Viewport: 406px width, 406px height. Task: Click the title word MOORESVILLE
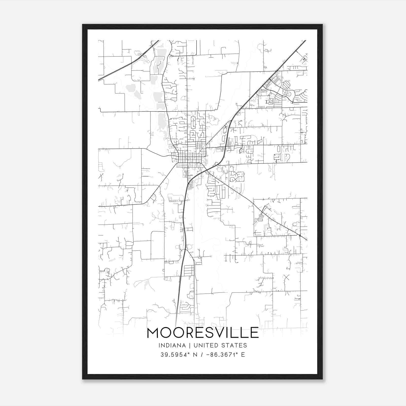[203, 333]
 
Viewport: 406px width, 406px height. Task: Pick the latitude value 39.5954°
[175, 355]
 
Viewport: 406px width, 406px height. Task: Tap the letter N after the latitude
[195, 355]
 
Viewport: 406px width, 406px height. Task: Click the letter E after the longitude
[243, 355]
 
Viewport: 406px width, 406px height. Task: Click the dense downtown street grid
[189, 157]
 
